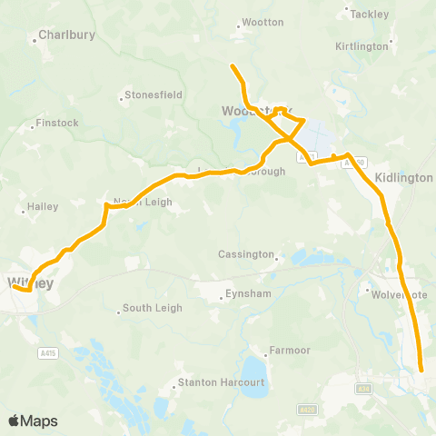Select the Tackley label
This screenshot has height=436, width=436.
[369, 14]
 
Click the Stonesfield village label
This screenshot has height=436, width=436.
[154, 94]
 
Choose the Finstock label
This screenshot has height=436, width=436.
[55, 123]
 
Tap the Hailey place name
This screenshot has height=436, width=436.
[43, 207]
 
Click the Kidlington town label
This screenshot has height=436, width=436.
[403, 178]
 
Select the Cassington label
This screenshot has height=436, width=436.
[245, 254]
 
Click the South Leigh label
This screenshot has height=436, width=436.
[153, 309]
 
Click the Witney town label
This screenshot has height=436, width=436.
[30, 282]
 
